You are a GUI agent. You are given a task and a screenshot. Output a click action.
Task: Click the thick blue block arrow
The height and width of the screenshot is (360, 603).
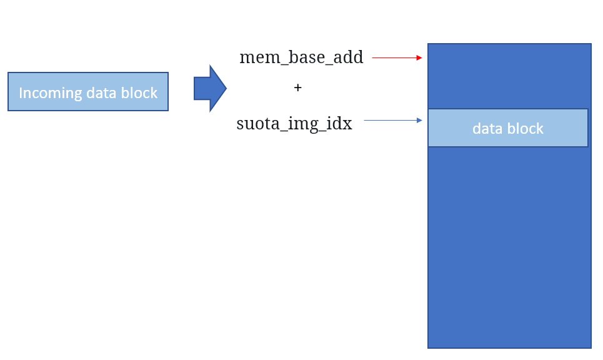coord(210,89)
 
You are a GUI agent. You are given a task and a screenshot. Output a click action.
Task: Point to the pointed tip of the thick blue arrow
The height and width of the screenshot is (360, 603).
coord(227,89)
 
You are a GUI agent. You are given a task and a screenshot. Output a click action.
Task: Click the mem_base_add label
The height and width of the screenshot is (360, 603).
coord(301,57)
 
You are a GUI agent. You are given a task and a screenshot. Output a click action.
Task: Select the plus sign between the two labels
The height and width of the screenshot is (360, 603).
coord(297,87)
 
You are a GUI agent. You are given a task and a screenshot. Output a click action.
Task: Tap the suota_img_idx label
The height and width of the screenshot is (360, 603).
coord(294,124)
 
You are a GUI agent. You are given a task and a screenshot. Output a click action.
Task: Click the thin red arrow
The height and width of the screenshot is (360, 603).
coord(397,57)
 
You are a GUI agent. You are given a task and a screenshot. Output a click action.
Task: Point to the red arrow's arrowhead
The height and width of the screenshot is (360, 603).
coord(419,57)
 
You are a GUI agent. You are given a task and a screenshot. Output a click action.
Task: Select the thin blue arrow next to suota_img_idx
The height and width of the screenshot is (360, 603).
coord(392,121)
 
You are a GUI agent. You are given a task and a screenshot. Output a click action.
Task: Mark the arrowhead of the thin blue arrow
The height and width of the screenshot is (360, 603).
coord(419,121)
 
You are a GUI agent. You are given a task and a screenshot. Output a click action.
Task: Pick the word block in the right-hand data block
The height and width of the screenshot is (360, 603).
coord(525,129)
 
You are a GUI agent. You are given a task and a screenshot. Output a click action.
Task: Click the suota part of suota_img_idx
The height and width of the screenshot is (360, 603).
coord(256,124)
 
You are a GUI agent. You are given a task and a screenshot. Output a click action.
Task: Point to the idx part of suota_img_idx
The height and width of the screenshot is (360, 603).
coord(339,124)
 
